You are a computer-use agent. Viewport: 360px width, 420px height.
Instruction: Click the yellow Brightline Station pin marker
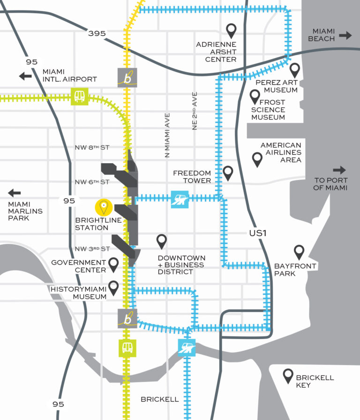(104, 207)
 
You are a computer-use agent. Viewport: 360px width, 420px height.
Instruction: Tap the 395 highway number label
(97, 33)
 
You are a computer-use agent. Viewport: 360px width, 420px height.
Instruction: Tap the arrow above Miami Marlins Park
(15, 192)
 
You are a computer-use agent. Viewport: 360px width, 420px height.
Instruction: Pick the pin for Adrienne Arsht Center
(231, 31)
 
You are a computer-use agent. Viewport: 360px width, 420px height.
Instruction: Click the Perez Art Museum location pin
(295, 70)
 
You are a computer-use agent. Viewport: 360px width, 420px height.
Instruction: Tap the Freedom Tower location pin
(228, 173)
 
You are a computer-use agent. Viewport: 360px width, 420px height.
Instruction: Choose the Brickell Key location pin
(288, 375)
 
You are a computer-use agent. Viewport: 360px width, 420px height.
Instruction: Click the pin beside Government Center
(113, 264)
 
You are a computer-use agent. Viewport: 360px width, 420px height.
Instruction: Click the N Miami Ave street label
(167, 135)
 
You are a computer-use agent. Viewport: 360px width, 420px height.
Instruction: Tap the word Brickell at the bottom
(160, 399)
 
